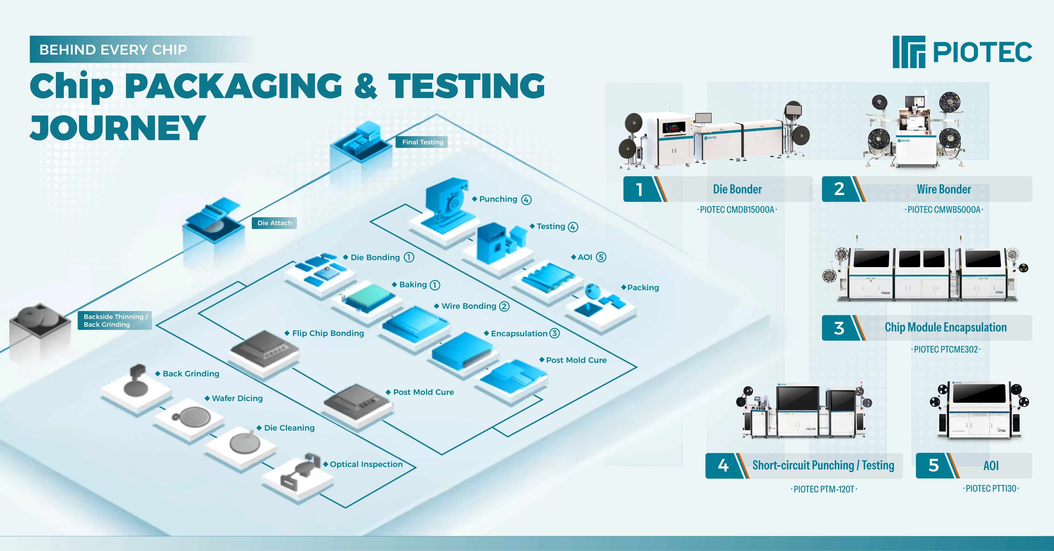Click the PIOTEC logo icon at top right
pyautogui.click(x=909, y=52)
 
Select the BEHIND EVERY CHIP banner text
pyautogui.click(x=113, y=50)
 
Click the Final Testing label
pyautogui.click(x=422, y=142)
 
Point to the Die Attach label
pyautogui.click(x=274, y=223)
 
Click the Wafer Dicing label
pyautogui.click(x=237, y=398)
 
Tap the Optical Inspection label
pyautogui.click(x=366, y=464)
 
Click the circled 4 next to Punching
pyautogui.click(x=526, y=200)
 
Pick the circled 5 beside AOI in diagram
pyautogui.click(x=601, y=257)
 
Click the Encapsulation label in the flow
pyautogui.click(x=519, y=334)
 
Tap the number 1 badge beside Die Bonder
pyautogui.click(x=639, y=189)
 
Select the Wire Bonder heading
pyautogui.click(x=944, y=189)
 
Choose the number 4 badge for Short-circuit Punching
pyautogui.click(x=723, y=465)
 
